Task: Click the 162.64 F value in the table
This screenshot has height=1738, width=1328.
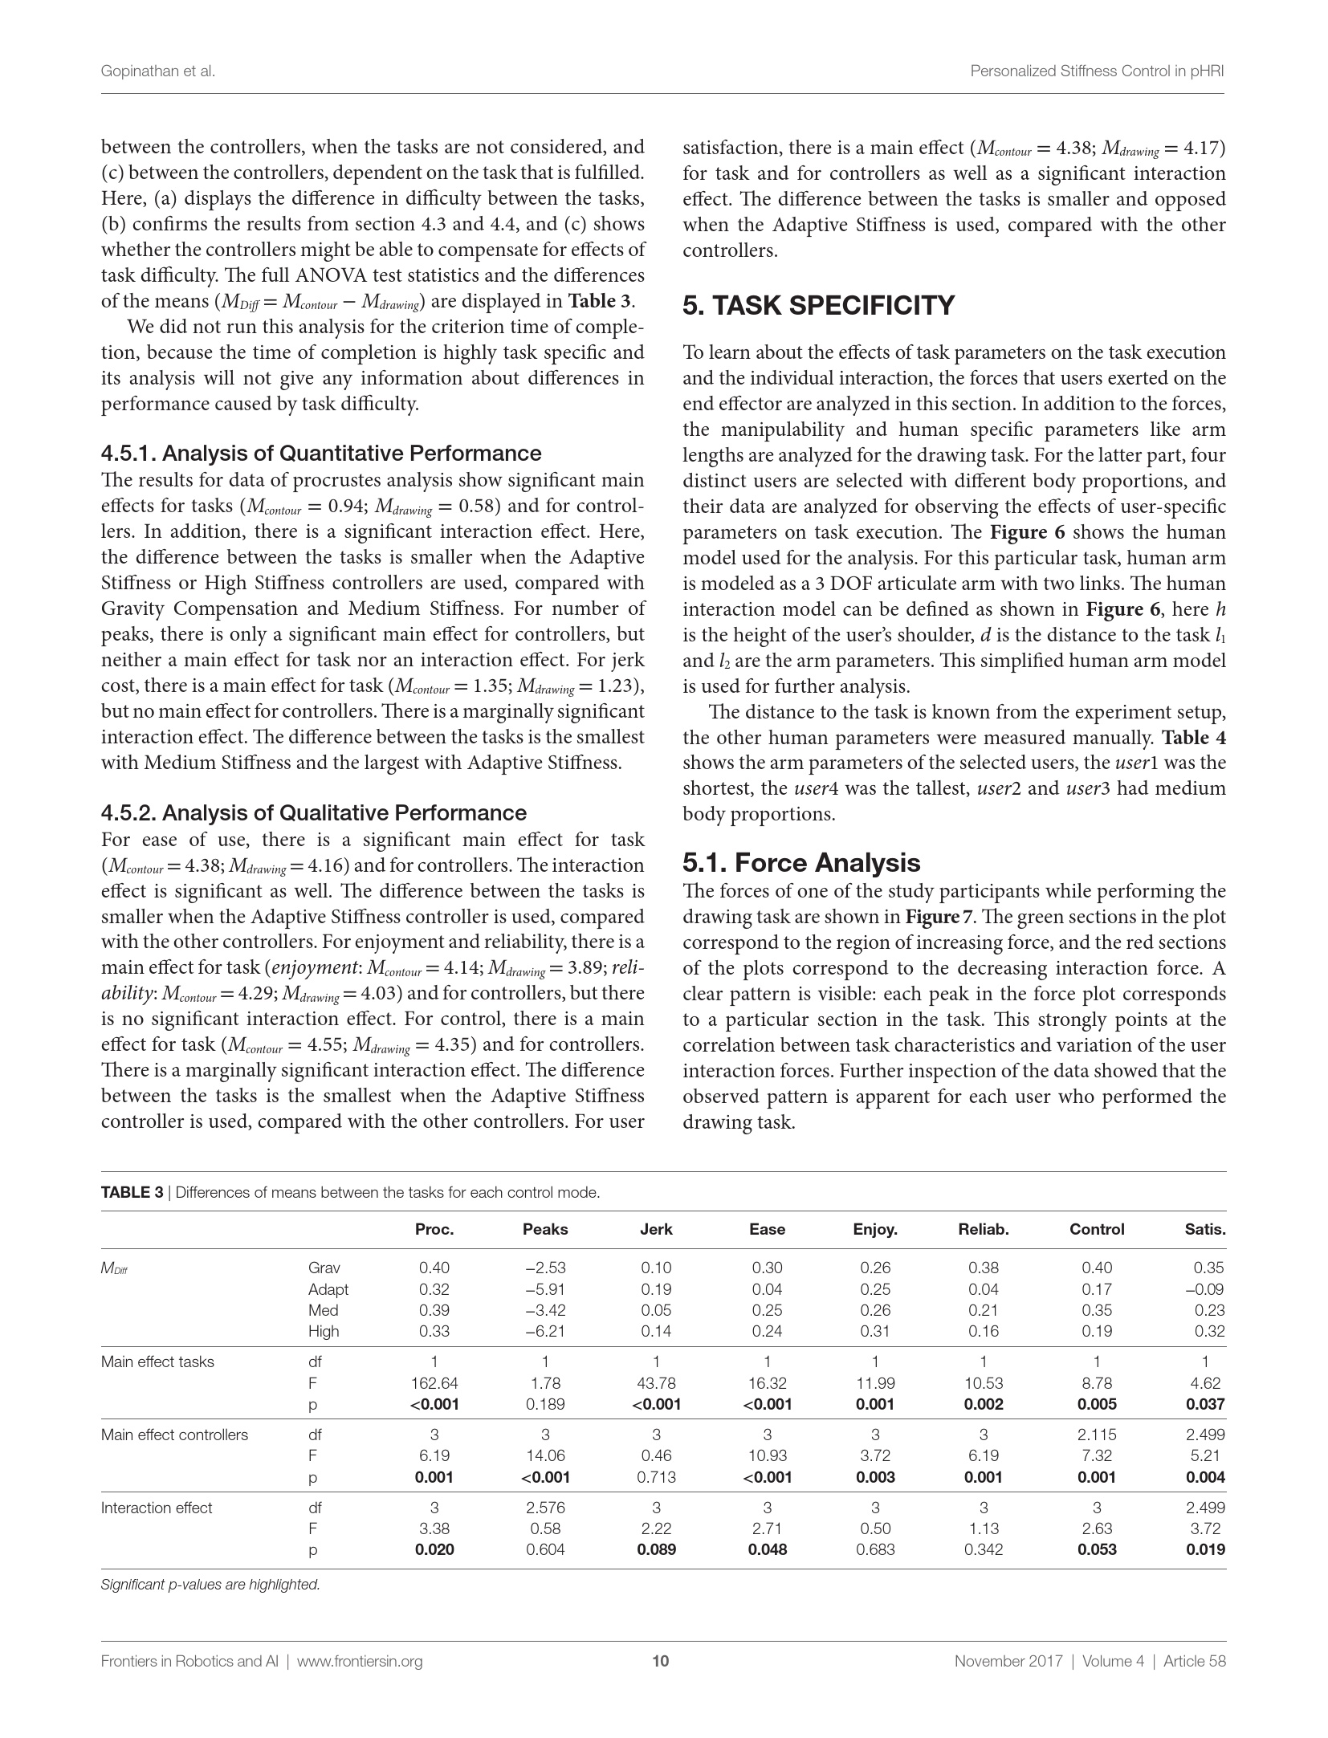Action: (x=434, y=1382)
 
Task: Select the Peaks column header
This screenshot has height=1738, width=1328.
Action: (x=545, y=1229)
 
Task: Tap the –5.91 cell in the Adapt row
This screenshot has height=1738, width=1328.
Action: (x=545, y=1288)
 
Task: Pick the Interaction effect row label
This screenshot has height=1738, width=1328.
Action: (x=157, y=1508)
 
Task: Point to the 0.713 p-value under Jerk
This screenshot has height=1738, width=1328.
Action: (x=656, y=1477)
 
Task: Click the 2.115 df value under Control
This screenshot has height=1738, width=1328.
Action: (x=1097, y=1435)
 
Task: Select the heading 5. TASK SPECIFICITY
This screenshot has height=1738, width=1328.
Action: (x=818, y=306)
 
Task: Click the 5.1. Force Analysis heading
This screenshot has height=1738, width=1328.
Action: (x=801, y=862)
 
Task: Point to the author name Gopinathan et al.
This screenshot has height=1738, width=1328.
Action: (x=158, y=71)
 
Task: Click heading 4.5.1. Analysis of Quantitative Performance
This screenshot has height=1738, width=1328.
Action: (x=321, y=454)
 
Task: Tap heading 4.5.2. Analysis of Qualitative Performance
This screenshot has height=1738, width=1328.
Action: (x=314, y=813)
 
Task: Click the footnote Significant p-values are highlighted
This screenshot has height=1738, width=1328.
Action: (x=210, y=1585)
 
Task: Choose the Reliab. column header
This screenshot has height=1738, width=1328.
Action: (x=984, y=1229)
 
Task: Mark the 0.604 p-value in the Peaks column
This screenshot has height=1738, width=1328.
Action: (x=545, y=1549)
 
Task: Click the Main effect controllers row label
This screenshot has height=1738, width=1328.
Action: (x=174, y=1435)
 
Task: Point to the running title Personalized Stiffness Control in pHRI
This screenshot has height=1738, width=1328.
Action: (x=1098, y=71)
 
